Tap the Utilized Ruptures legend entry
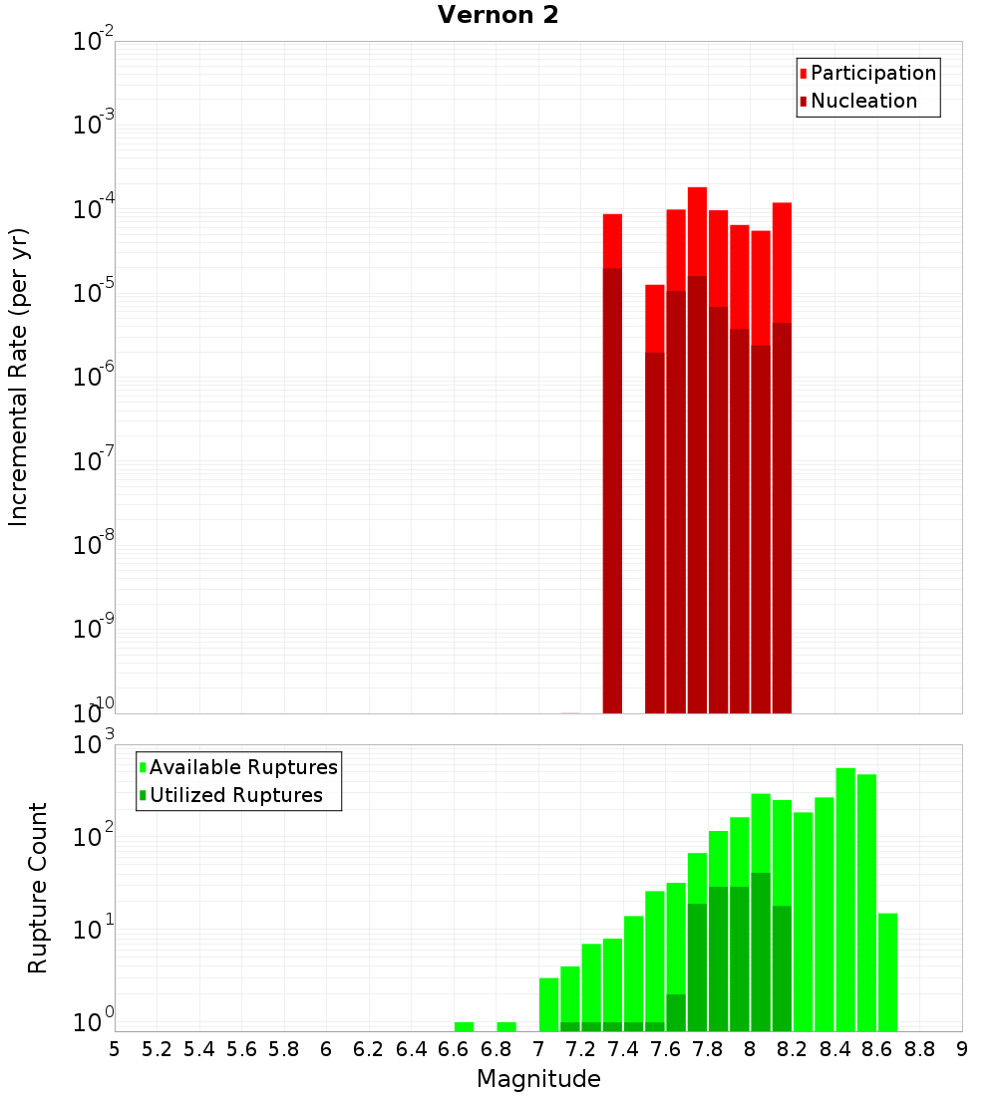pos(235,795)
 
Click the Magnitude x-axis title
pos(538,1078)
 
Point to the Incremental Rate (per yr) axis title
pos(19,377)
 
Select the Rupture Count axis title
pos(38,888)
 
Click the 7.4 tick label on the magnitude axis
pos(623,1048)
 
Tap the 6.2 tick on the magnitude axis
pos(369,1048)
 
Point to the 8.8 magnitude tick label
pos(919,1048)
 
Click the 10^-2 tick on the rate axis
pos(94,42)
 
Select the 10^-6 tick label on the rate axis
pos(94,378)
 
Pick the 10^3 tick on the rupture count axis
pos(94,744)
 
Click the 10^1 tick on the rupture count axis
pos(94,931)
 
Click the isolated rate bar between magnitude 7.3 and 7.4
pos(612,463)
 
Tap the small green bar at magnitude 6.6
pos(464,1026)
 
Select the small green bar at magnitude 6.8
pos(506,1026)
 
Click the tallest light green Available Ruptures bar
pos(845,897)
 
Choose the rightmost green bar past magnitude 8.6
pos(887,971)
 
